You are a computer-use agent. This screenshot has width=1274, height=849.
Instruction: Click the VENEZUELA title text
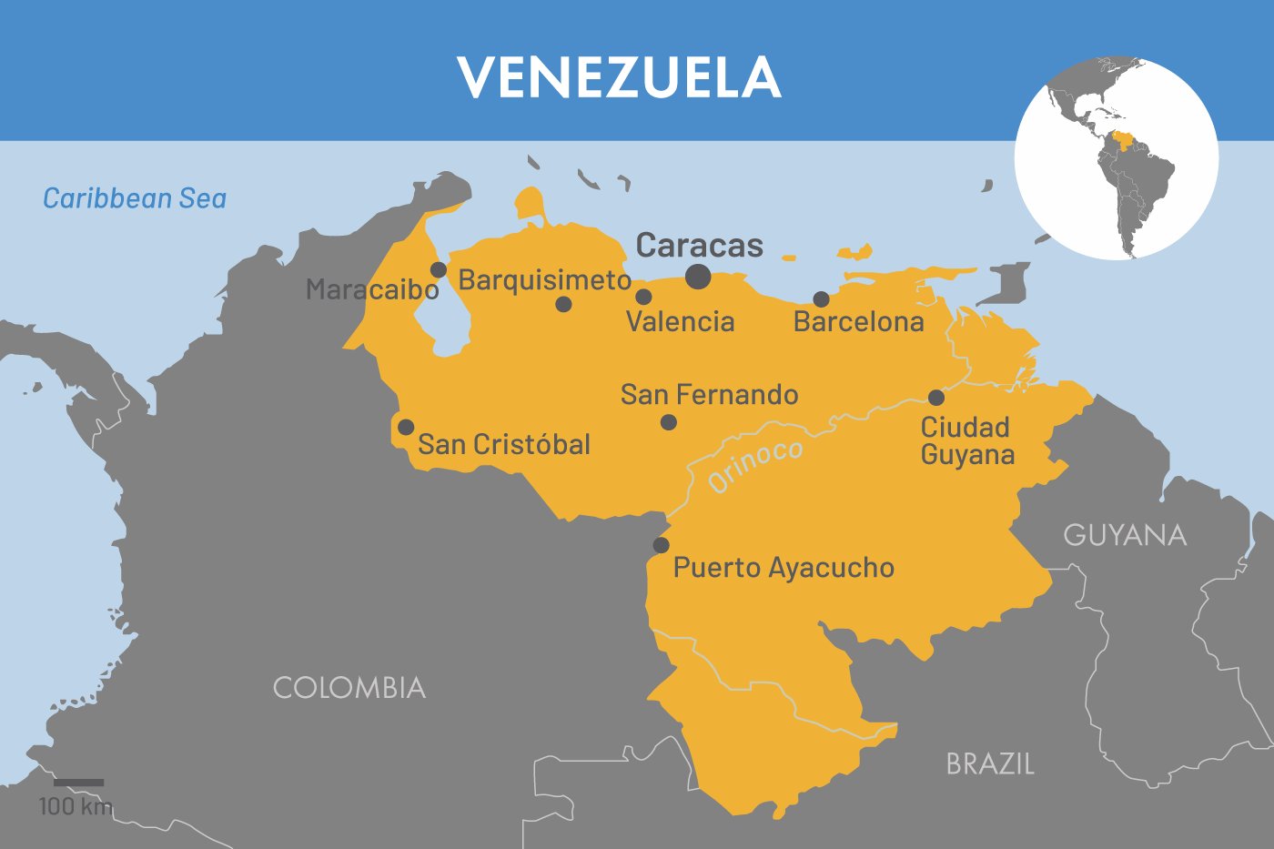tap(619, 77)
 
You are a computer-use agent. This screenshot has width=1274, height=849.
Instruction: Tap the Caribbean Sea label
tap(135, 198)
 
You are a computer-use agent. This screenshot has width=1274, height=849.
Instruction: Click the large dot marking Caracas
tap(698, 277)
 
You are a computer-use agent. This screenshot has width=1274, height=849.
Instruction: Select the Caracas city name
tap(699, 245)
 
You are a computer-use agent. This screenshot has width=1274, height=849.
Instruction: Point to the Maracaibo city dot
tap(439, 270)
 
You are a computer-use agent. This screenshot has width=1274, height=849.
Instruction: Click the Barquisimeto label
tap(544, 279)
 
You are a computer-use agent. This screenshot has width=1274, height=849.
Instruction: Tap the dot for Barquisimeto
tap(563, 304)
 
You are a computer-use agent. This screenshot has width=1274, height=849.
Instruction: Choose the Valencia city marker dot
tap(643, 297)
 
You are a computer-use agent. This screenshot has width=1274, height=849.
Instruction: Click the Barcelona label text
tap(858, 321)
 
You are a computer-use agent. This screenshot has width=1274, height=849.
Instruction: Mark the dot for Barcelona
tap(821, 299)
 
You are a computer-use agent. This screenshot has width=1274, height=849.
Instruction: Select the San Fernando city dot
tap(669, 422)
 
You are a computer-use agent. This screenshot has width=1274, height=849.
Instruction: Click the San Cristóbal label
tap(504, 444)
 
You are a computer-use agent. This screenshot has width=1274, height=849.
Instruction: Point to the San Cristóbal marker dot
tap(406, 428)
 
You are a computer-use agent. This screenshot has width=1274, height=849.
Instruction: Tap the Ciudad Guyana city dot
tap(936, 398)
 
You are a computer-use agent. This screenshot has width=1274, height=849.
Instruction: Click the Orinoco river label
tap(755, 465)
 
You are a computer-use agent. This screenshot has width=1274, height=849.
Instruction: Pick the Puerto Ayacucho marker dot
tap(662, 545)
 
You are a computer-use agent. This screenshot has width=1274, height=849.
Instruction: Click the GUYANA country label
tap(1125, 535)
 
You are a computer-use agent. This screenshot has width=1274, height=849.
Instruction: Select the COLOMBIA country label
tap(349, 688)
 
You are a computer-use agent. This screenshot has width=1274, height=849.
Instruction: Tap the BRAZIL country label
tap(990, 763)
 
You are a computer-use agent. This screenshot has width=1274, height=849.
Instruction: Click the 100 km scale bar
tap(78, 783)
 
